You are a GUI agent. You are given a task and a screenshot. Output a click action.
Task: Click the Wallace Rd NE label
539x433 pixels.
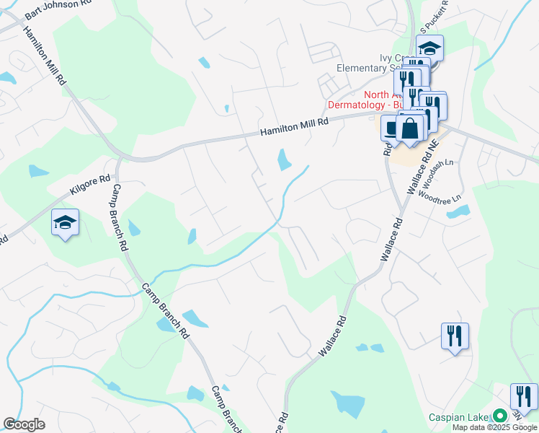[x=423, y=170]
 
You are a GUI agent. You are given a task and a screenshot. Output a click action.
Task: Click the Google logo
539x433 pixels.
[x=24, y=424]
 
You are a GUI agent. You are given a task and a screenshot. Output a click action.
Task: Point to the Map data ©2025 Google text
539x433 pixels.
[x=494, y=427]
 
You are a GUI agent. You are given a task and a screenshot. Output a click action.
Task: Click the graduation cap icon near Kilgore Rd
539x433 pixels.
[x=65, y=223]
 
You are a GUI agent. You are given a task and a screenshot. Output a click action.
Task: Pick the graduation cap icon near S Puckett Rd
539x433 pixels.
[x=430, y=48]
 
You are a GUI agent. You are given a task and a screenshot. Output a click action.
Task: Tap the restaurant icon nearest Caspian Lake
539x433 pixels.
[x=524, y=396]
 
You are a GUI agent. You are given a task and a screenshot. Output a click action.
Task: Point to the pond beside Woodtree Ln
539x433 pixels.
[x=458, y=213]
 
